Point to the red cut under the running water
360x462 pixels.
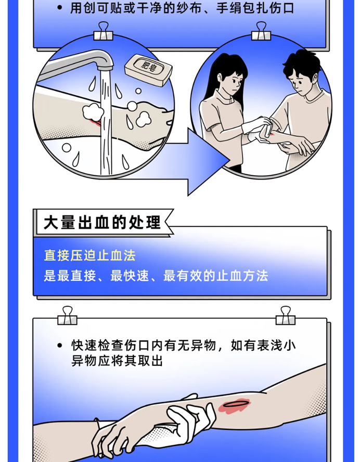(95, 124)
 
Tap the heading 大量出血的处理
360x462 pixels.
(102, 223)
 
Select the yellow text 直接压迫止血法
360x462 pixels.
(89, 256)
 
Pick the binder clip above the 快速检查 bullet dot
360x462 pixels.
(68, 315)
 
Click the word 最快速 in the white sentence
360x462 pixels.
(127, 276)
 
